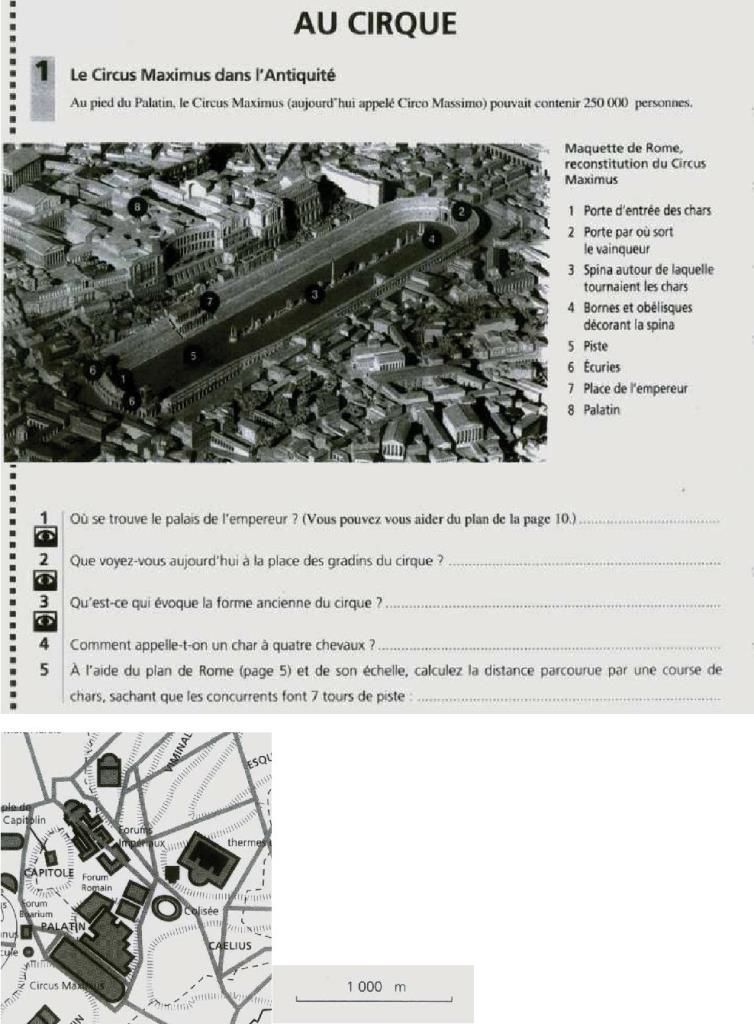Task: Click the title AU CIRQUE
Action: (376, 23)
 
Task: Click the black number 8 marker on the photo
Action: (138, 205)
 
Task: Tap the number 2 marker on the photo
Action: (460, 211)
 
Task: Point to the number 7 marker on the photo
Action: (209, 300)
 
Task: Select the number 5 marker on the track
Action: (193, 354)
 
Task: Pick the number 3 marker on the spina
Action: (315, 294)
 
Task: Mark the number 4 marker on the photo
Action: (431, 239)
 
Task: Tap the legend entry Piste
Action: (595, 346)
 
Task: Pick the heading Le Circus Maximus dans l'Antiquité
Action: (201, 74)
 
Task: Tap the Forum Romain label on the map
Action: (97, 882)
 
